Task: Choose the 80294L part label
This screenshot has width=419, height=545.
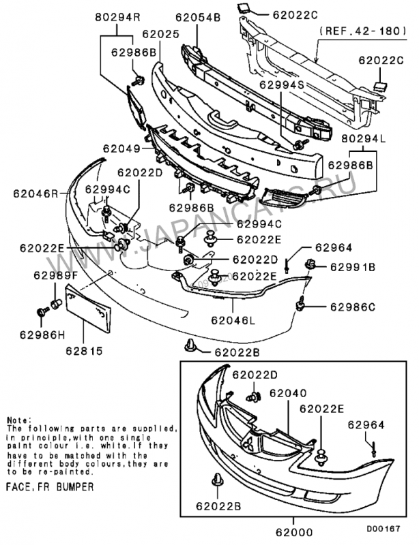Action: [363, 138]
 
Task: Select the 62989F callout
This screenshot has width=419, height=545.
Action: [57, 275]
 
